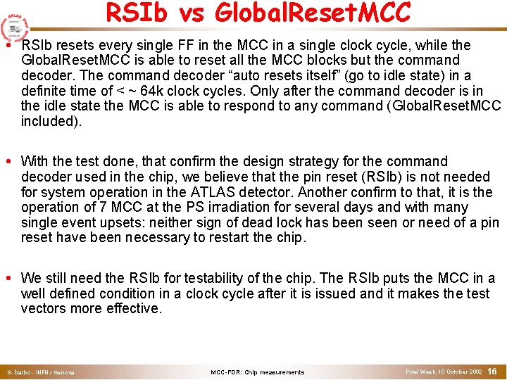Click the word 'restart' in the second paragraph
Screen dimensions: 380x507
coord(242,237)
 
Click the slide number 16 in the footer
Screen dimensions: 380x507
coord(492,370)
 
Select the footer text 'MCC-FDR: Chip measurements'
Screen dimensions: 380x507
coord(258,372)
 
